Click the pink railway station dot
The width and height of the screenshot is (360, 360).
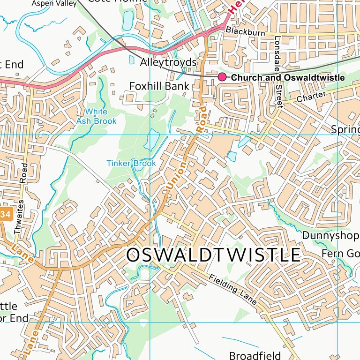pyautogui.click(x=222, y=77)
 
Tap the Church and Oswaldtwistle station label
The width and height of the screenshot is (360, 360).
pyautogui.click(x=288, y=77)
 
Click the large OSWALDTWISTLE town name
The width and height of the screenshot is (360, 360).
pyautogui.click(x=213, y=255)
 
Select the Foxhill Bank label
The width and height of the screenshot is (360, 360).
pyautogui.click(x=159, y=86)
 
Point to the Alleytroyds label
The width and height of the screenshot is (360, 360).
pyautogui.click(x=168, y=62)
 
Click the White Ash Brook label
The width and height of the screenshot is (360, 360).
pyautogui.click(x=96, y=116)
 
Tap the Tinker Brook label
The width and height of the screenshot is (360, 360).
pyautogui.click(x=131, y=164)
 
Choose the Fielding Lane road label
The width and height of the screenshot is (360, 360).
pyautogui.click(x=233, y=289)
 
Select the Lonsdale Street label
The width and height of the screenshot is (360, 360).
pyautogui.click(x=278, y=72)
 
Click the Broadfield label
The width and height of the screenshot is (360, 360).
pyautogui.click(x=255, y=355)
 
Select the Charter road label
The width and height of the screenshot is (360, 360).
pyautogui.click(x=311, y=97)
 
